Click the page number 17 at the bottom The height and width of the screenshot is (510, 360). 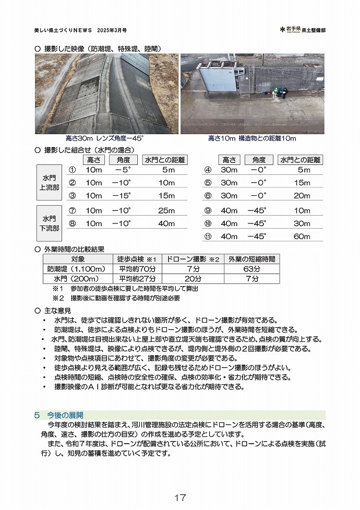coord(180,497)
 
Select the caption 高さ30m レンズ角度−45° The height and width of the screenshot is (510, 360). coord(104,139)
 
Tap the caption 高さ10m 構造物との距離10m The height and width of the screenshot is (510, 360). coord(252,139)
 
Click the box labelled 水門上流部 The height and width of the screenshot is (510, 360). coord(50,183)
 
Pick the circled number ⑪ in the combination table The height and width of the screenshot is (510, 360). coord(208,236)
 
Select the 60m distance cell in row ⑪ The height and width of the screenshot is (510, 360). coord(302,236)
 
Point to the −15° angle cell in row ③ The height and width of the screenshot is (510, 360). coord(123,196)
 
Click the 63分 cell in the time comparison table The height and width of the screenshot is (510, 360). coord(251,269)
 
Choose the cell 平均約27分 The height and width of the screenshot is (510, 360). coord(137,279)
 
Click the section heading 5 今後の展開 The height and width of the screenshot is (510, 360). coord(58,415)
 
